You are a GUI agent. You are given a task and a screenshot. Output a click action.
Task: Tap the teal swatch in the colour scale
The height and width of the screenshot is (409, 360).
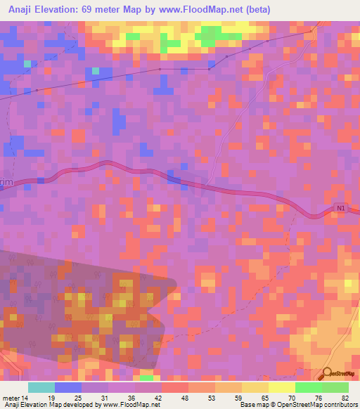[x=41, y=387]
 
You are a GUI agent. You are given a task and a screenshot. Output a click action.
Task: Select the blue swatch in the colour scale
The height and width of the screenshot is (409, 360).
[x=68, y=387]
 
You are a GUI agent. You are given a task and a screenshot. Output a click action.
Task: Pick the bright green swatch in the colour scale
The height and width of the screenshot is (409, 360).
[x=308, y=387]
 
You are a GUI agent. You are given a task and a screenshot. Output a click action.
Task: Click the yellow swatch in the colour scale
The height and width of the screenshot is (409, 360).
[x=255, y=387]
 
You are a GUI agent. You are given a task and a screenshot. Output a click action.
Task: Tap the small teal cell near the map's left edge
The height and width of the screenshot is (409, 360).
[x=27, y=63]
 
